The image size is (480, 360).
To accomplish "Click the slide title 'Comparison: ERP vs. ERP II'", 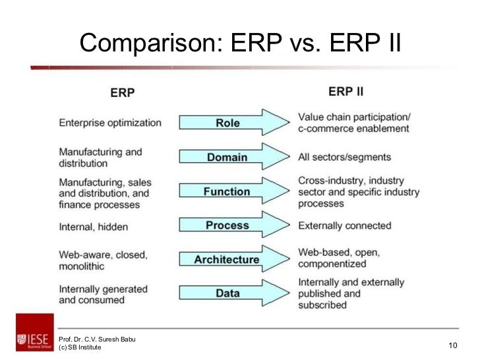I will pyautogui.click(x=240, y=43).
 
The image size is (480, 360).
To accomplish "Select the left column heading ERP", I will pyautogui.click(x=122, y=93).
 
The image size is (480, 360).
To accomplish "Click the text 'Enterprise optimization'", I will pyautogui.click(x=109, y=123).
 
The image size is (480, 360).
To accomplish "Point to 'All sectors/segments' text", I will pyautogui.click(x=344, y=157).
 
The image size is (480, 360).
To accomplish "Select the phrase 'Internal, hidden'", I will pyautogui.click(x=93, y=226).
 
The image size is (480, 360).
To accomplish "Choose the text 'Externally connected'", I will pyautogui.click(x=344, y=225).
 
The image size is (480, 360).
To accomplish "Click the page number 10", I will pyautogui.click(x=452, y=346).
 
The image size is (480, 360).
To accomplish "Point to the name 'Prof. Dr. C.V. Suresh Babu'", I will pyautogui.click(x=97, y=339).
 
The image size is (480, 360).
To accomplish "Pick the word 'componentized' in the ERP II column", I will pyautogui.click(x=332, y=264).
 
